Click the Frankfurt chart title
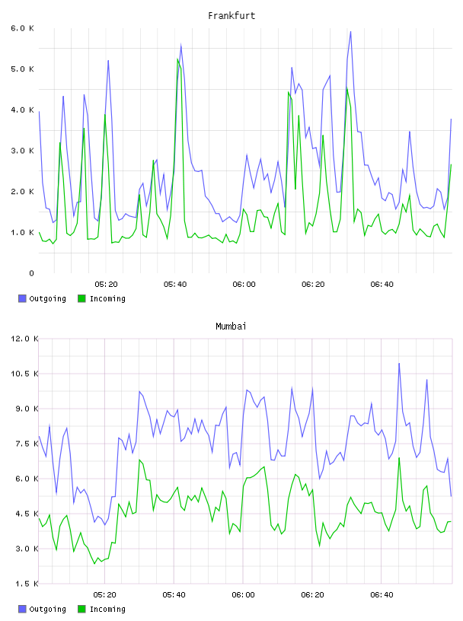[231, 16]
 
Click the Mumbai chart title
[231, 326]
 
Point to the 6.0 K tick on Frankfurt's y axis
[23, 28]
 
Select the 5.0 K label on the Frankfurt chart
[23, 69]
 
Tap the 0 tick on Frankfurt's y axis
[31, 273]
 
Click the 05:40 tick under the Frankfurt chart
[175, 284]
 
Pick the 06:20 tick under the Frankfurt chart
[313, 284]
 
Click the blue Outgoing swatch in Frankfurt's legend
[22, 298]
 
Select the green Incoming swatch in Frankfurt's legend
[81, 298]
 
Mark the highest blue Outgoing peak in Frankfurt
[350, 32]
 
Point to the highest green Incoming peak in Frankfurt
[177, 59]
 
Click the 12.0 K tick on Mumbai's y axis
[24, 339]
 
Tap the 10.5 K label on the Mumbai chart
[24, 374]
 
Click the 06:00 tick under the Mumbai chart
[244, 594]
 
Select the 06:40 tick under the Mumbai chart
[382, 594]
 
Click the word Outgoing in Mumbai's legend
[47, 609]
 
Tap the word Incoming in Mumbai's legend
[107, 609]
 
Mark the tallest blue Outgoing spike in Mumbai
[399, 363]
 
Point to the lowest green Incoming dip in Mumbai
[94, 563]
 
